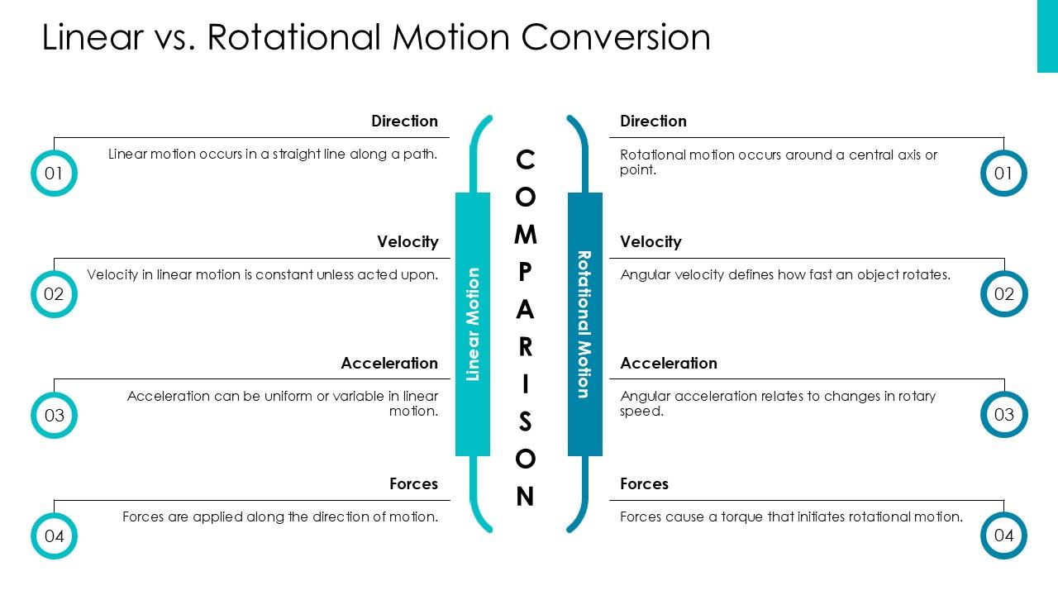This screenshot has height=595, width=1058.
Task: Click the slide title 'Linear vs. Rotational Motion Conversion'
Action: (376, 37)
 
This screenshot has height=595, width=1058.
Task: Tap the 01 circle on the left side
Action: (54, 174)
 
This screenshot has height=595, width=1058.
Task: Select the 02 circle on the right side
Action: (1003, 294)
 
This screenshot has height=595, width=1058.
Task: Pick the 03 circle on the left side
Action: (54, 415)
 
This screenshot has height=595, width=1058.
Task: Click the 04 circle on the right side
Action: (1003, 535)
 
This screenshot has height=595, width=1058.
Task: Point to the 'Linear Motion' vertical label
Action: (473, 324)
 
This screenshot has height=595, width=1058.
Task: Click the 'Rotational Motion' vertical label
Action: (584, 324)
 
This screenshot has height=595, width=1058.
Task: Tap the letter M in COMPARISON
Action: (525, 236)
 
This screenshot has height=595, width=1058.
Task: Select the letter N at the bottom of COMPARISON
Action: (525, 497)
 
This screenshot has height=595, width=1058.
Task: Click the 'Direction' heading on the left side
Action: (404, 121)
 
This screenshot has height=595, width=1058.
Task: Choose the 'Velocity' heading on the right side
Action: (651, 242)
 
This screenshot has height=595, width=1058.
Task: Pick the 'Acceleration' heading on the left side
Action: (389, 364)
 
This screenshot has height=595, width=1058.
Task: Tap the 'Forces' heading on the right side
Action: (644, 484)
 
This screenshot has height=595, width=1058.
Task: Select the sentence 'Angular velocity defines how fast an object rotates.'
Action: (785, 275)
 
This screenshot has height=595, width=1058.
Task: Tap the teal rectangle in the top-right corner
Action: (1047, 36)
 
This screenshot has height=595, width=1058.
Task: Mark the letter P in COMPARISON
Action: (525, 273)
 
